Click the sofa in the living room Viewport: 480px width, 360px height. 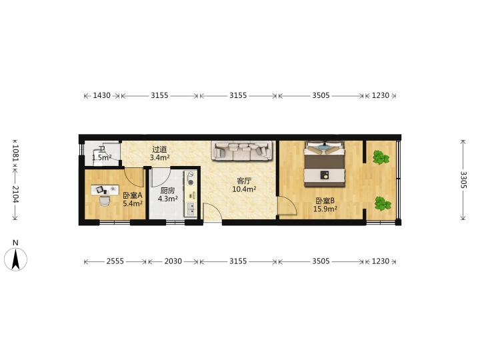[x=242, y=151]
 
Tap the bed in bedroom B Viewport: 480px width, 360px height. [x=325, y=164]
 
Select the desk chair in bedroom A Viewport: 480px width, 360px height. [x=105, y=201]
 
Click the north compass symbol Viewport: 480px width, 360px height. [x=15, y=259]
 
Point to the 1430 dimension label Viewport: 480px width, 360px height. [x=101, y=95]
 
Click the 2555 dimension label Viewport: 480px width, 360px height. [x=115, y=261]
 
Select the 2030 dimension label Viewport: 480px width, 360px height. [x=173, y=261]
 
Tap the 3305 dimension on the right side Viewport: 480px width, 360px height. [x=463, y=180]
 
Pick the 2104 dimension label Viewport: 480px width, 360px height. [x=15, y=195]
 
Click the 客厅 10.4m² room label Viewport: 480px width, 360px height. [x=244, y=185]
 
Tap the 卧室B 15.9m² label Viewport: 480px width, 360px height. [x=325, y=205]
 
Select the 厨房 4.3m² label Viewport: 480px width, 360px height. [x=167, y=195]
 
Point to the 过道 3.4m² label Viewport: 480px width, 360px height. [x=159, y=153]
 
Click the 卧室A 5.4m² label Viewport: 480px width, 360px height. [x=133, y=199]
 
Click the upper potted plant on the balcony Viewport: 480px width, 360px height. [x=381, y=157]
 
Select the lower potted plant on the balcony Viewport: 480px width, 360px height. [x=383, y=203]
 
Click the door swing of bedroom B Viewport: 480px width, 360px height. [x=287, y=206]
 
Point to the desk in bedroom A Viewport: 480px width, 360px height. [x=105, y=190]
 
